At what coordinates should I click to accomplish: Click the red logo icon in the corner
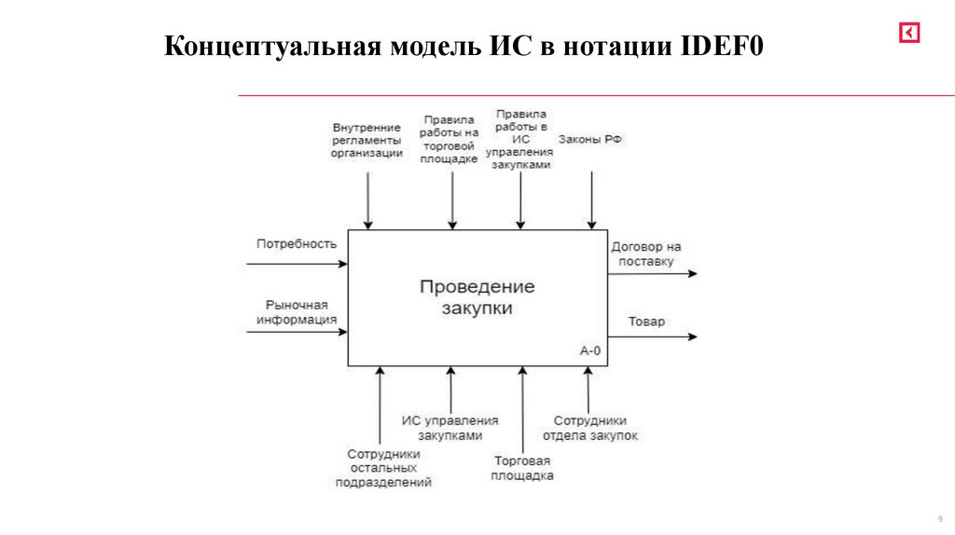point(909,34)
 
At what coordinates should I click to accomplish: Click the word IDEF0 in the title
point(721,48)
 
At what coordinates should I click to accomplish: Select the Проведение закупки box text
point(477,297)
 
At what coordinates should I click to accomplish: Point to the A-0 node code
point(590,351)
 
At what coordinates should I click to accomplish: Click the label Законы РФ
point(590,139)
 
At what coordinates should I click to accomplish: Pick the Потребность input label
point(296,243)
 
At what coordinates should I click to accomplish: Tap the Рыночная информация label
point(297,311)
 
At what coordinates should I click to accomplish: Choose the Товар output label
point(646,322)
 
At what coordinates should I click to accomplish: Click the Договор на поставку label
point(646,254)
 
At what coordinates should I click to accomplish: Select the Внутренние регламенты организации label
point(367,140)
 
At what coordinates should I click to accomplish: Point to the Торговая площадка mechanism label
point(523,468)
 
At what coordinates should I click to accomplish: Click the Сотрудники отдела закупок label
point(589,428)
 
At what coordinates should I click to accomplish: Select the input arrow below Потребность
point(297,264)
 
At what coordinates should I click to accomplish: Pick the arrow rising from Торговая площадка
point(522,410)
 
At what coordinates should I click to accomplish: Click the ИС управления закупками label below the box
point(450,428)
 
